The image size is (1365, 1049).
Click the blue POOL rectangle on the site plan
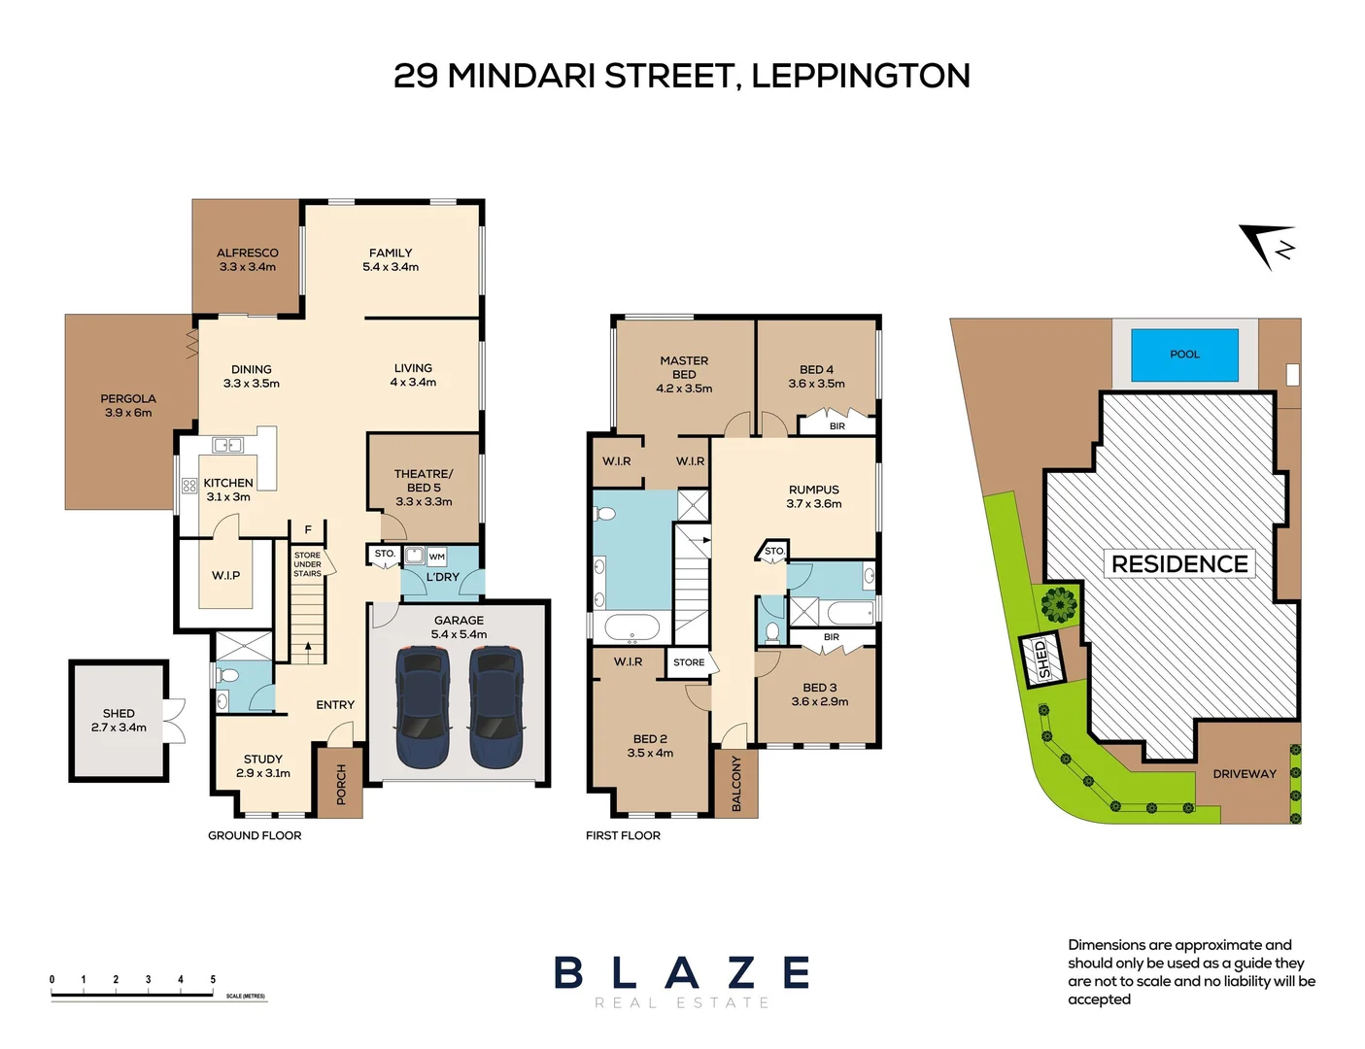point(1184,355)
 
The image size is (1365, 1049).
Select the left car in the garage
point(424,707)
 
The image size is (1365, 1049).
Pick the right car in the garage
point(496,707)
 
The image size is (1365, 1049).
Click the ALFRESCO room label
point(248,259)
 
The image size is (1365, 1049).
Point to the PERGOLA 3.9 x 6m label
point(128,405)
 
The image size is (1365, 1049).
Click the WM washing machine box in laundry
point(437,557)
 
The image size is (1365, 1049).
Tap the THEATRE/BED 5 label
point(424,488)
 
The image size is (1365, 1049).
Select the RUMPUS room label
point(814,496)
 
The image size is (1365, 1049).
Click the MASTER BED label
point(684,374)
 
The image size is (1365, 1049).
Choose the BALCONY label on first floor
point(736,784)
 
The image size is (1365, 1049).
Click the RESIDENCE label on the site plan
point(1179,564)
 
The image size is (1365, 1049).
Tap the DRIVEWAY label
point(1245,774)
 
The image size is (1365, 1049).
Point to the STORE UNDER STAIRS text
point(307,564)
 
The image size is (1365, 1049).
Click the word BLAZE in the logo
point(682,973)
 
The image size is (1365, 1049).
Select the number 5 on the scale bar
point(213,979)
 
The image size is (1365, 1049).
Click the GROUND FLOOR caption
point(255,835)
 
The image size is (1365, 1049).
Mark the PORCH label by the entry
point(341,785)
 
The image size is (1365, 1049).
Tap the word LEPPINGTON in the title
point(861,76)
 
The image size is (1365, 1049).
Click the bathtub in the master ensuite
point(632,626)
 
